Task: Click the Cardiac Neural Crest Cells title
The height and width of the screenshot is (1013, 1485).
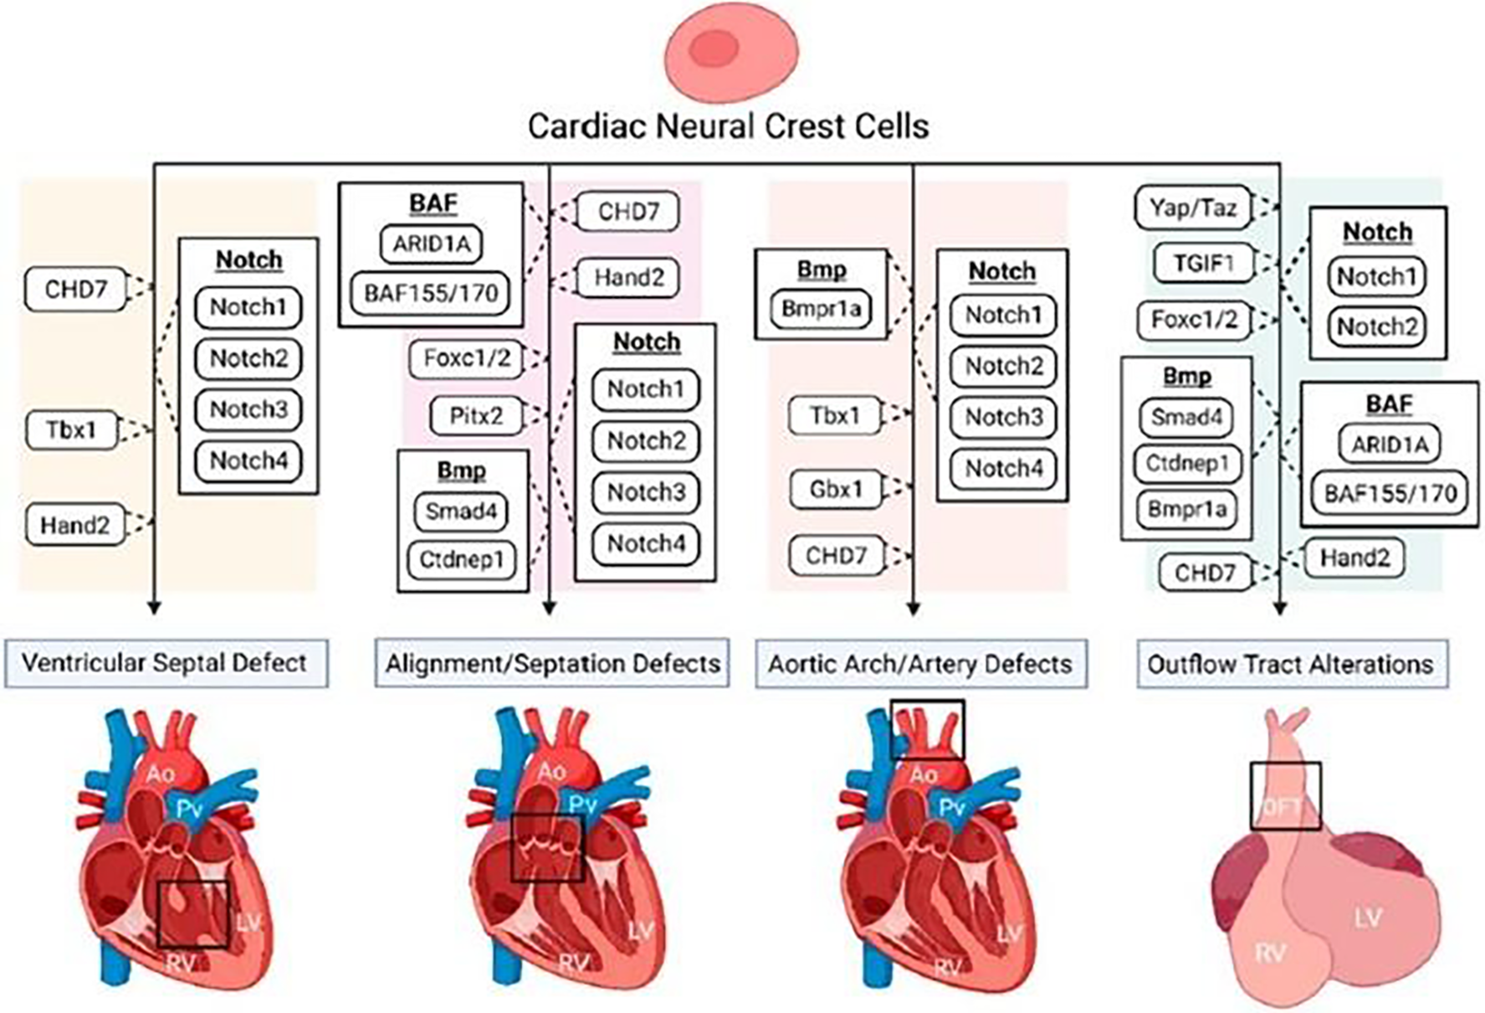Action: tap(728, 126)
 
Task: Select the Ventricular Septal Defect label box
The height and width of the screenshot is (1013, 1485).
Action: tap(165, 663)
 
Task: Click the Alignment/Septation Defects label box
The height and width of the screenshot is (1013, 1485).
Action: tap(552, 664)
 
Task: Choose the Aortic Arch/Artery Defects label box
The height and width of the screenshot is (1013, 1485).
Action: tap(920, 664)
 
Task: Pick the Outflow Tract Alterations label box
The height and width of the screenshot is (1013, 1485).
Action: tap(1290, 665)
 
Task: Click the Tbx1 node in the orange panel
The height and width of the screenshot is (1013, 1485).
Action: tap(72, 429)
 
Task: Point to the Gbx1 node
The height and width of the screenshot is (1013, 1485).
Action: tap(836, 488)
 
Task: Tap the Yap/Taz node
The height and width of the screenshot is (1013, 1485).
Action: tap(1193, 208)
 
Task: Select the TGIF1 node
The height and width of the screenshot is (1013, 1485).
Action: tap(1204, 263)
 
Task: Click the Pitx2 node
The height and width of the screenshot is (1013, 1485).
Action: tap(477, 415)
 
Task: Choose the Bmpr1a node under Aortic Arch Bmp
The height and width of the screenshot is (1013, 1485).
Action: tap(821, 308)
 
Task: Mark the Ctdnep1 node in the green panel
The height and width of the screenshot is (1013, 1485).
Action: tap(1186, 463)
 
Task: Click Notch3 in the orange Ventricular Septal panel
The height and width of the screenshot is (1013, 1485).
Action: tap(248, 409)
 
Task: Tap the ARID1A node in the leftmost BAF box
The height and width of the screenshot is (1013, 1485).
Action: tap(432, 244)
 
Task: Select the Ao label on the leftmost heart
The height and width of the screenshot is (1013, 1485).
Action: tap(160, 773)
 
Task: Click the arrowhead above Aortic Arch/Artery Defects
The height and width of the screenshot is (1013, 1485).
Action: tap(913, 609)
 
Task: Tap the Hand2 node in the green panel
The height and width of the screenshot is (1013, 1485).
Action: tap(1354, 558)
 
